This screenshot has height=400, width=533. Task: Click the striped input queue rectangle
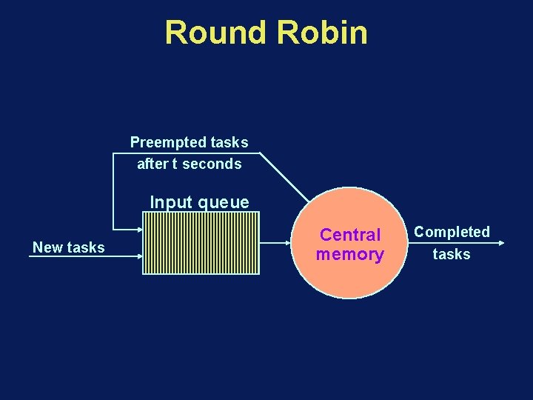point(201,243)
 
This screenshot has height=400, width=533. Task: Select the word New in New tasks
point(48,247)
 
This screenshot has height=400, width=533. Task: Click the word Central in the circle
point(350,235)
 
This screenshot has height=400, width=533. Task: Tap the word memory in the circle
point(350,255)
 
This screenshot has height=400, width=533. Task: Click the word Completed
point(452,232)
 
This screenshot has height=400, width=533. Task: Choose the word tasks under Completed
point(452,254)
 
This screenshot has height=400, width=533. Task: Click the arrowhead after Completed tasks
point(501,243)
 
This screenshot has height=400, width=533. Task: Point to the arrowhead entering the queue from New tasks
point(138,255)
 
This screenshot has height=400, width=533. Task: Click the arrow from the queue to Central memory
point(277,241)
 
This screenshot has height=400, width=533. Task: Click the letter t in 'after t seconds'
point(175,164)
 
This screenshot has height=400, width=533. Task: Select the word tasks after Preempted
point(229,141)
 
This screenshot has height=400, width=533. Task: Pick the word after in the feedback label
point(152,164)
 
